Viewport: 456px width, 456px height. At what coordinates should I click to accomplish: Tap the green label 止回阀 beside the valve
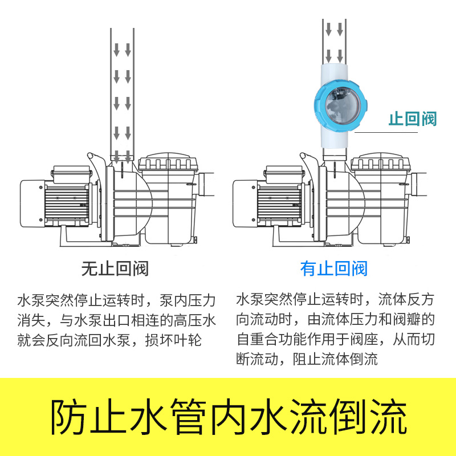(x=412, y=119)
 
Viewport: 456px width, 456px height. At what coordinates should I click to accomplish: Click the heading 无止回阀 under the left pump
(x=115, y=268)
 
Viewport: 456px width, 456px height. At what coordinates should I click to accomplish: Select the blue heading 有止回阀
(x=334, y=268)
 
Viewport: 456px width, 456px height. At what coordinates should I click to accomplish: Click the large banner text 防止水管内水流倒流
(x=228, y=417)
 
